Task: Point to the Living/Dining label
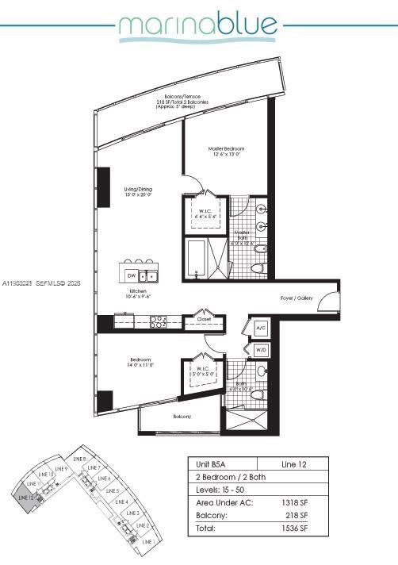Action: pyautogui.click(x=137, y=190)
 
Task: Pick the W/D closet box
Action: pyautogui.click(x=261, y=349)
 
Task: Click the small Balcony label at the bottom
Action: pyautogui.click(x=183, y=417)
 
